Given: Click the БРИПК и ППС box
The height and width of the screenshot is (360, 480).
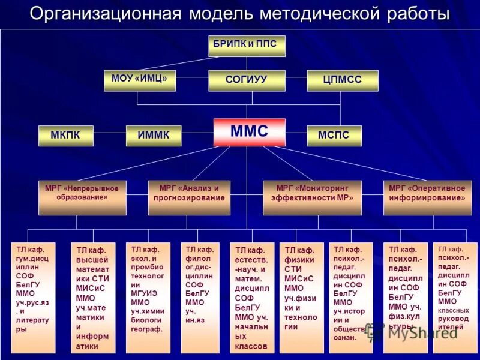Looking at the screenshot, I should coord(247,46).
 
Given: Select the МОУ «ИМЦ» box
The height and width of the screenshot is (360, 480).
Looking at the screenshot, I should coord(139,80).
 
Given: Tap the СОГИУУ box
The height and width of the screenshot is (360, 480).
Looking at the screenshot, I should coord(247,80).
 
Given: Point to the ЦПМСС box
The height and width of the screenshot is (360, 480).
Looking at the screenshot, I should coord(342,80).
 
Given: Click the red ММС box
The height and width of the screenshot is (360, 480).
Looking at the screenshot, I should coord(249,132).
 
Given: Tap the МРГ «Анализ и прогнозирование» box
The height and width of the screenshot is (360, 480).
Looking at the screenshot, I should coord(189,197).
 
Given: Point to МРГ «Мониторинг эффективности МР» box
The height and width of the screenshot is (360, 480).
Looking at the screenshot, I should coord(312,197).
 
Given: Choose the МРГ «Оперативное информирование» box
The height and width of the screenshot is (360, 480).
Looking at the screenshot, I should coord(423,197).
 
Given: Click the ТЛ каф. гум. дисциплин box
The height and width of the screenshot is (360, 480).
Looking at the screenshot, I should coord(33,297).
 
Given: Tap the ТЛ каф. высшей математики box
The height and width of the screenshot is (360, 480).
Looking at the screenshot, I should coord(93,298).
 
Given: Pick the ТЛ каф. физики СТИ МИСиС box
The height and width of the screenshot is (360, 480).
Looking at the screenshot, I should coord(301,298).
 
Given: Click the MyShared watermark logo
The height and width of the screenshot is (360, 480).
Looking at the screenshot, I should coord(414,332).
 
